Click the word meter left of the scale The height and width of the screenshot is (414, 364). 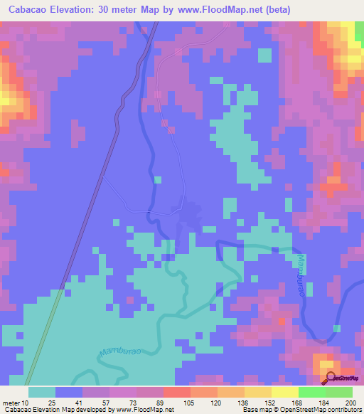click(x=11, y=403)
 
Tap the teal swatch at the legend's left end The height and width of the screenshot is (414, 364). click(x=42, y=392)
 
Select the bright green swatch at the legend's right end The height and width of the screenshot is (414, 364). click(x=339, y=392)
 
